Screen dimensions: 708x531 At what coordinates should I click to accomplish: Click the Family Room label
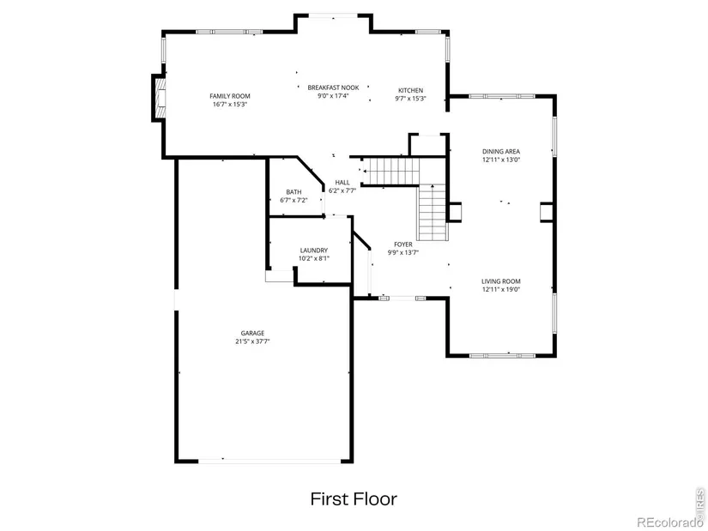pos(230,96)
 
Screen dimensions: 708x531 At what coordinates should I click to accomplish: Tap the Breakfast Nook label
pos(333,87)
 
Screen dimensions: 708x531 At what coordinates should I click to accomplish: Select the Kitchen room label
pos(410,90)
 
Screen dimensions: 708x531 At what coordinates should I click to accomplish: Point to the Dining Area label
pos(500,152)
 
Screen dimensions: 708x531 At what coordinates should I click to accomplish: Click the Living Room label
pos(500,281)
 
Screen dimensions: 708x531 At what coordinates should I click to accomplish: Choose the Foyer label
pos(402,244)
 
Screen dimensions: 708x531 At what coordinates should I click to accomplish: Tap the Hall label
pos(342,183)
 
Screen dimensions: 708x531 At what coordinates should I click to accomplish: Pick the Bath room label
pos(293,192)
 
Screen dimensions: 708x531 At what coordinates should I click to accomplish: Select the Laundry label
pos(314,250)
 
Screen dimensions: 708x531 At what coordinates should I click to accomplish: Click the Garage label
pos(252,333)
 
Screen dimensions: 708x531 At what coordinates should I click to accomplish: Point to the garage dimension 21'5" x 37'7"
pos(252,341)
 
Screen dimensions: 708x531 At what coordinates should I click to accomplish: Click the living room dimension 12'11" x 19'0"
pos(500,289)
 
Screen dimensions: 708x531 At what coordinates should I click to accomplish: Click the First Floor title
pos(354,499)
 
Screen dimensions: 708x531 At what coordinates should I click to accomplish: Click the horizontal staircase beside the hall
pos(391,171)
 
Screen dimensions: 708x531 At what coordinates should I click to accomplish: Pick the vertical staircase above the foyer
pos(433,213)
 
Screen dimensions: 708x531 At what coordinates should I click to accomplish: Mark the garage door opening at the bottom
pos(269,461)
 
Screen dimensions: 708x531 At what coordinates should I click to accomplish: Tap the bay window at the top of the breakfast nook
pos(333,15)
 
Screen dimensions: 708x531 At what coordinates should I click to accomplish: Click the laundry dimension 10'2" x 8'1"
pos(314,259)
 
